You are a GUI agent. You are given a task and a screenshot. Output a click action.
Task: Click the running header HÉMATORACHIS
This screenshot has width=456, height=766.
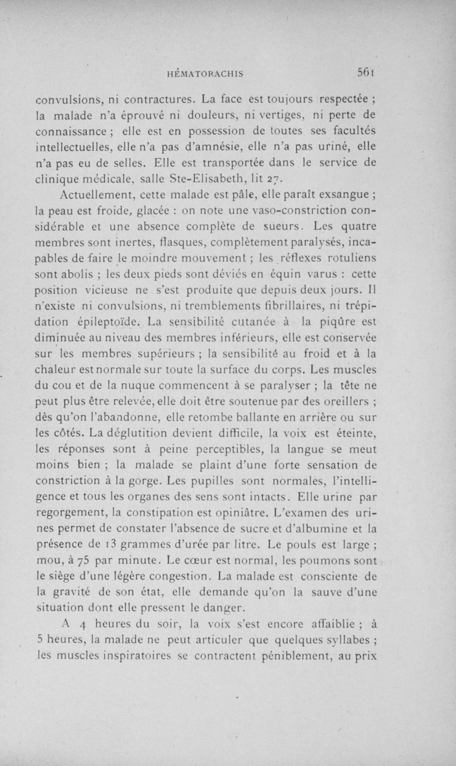coord(203,74)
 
